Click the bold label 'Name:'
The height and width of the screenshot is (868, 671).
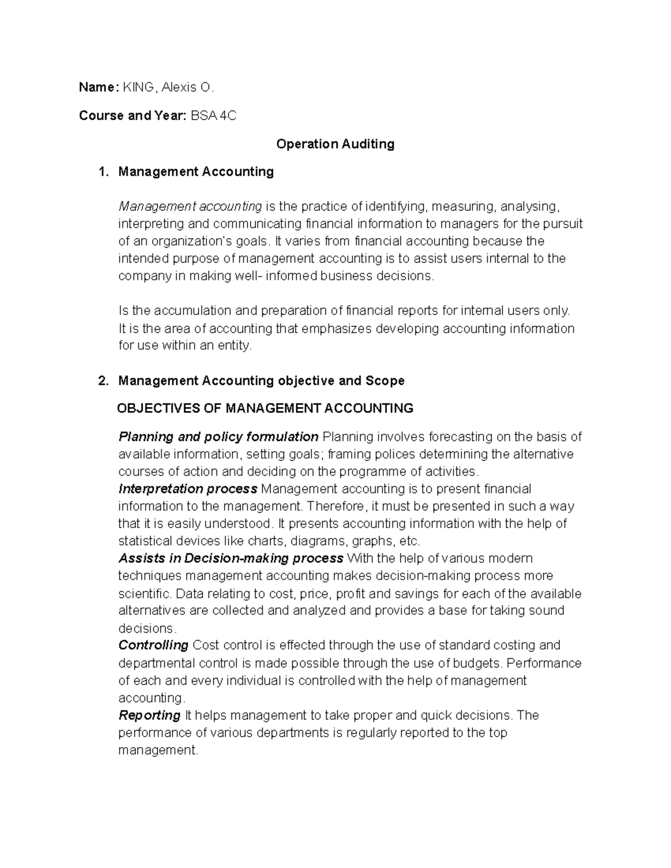(98, 87)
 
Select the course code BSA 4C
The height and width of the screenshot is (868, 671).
(214, 116)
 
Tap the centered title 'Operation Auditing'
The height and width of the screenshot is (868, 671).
(335, 144)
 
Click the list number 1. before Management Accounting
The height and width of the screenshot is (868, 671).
(103, 172)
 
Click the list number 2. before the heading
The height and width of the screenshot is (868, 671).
(103, 381)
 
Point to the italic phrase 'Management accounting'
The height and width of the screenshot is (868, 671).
(190, 207)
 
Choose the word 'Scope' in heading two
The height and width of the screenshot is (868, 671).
(385, 381)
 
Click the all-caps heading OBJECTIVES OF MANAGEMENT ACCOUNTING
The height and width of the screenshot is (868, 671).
(265, 409)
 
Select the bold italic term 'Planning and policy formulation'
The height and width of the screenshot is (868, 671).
(218, 437)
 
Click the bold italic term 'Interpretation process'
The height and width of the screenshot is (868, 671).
(188, 489)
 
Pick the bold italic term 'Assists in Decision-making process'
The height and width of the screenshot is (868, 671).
(230, 558)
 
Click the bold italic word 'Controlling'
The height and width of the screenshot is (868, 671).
(153, 646)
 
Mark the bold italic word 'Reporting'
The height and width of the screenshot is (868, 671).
(149, 715)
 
